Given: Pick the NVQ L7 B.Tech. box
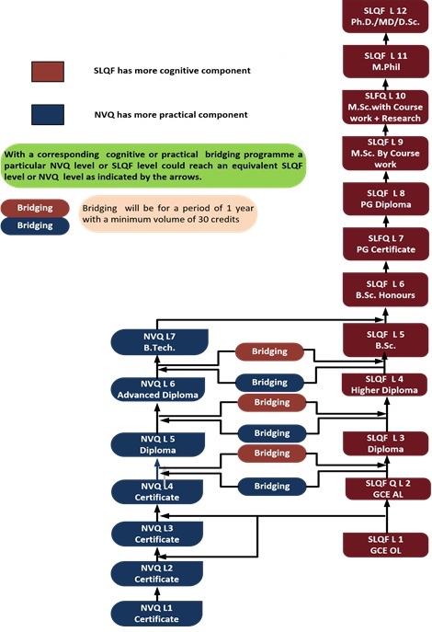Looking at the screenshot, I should point(156,344).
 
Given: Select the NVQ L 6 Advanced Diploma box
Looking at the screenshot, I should point(156,389).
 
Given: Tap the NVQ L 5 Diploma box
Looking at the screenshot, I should point(156,444).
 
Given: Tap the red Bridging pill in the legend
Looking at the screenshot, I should point(35,208).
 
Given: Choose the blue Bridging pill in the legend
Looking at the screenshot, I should point(35,224).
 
